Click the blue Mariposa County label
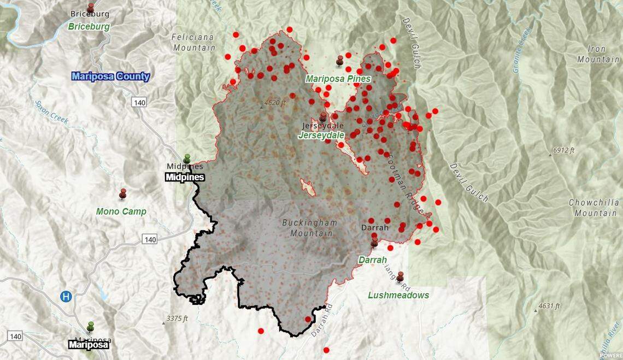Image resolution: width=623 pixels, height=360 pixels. tap(110, 76)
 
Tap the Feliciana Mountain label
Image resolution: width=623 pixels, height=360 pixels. tap(193, 43)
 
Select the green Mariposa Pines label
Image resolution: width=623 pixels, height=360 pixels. tap(338, 79)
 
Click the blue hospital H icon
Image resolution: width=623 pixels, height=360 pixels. tap(66, 297)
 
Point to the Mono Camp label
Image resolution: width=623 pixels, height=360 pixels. tap(121, 211)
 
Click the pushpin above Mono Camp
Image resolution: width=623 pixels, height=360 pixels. tap(123, 193)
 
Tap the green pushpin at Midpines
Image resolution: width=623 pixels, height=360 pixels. tap(187, 158)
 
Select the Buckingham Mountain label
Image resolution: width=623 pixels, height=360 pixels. tap(310, 228)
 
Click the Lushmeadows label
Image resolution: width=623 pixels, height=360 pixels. tap(398, 295)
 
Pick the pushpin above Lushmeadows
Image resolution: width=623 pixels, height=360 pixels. tap(400, 276)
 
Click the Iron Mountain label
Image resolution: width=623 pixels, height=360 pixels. tap(591, 54)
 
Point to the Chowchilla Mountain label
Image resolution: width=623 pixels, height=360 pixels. tap(594, 207)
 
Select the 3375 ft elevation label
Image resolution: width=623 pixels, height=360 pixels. tap(178, 318)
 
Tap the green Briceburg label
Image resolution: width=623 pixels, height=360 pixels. tap(89, 26)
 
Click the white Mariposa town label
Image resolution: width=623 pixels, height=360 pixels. tap(89, 345)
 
